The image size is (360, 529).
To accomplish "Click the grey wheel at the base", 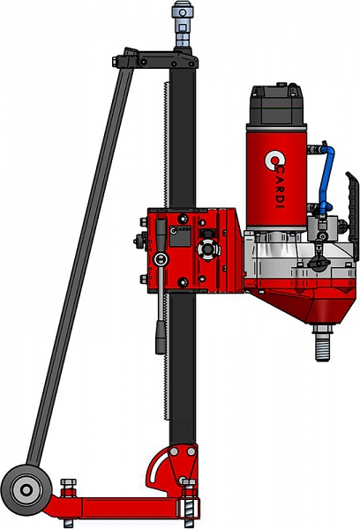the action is [x=26, y=490].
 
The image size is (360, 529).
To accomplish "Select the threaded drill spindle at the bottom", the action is [x=323, y=341].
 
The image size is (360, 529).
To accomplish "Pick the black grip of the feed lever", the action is [x=161, y=338].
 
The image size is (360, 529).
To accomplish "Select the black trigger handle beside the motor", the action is [x=352, y=212].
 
